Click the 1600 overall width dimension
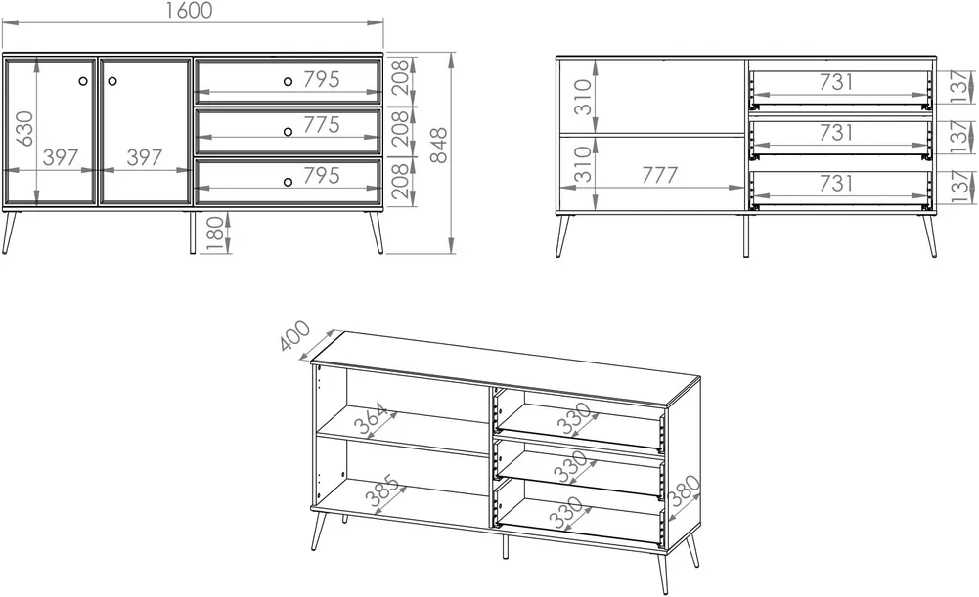click(x=191, y=11)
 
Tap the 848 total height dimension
click(x=439, y=146)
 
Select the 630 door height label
click(x=24, y=129)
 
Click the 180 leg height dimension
click(x=214, y=234)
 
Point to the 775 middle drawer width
click(x=322, y=125)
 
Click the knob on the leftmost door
click(x=84, y=81)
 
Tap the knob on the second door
click(x=112, y=81)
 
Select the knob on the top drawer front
click(x=288, y=81)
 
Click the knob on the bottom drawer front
click(x=288, y=182)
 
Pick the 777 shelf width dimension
click(x=660, y=175)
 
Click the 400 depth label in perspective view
click(x=294, y=335)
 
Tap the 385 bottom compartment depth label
click(x=382, y=490)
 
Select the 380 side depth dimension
click(x=685, y=490)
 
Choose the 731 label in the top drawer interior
click(x=836, y=82)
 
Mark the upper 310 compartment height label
click(x=583, y=97)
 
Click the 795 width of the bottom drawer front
click(x=322, y=176)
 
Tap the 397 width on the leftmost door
click(x=62, y=158)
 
